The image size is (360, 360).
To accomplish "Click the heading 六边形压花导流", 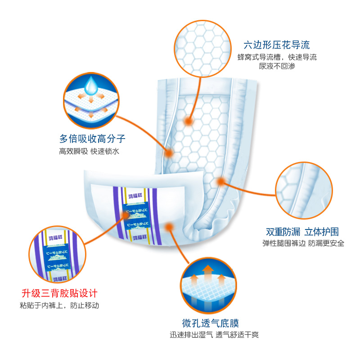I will tap(277, 45).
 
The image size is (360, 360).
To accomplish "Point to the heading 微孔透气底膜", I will tap(210, 323).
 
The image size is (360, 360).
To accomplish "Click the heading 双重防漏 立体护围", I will tap(302, 232).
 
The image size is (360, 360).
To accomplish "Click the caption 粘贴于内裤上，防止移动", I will tap(59, 306).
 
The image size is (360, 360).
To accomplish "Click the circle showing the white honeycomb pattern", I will tap(201, 43).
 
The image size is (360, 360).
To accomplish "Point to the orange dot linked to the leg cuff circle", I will tap(220, 181).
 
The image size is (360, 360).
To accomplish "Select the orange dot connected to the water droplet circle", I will tap(169, 153).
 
